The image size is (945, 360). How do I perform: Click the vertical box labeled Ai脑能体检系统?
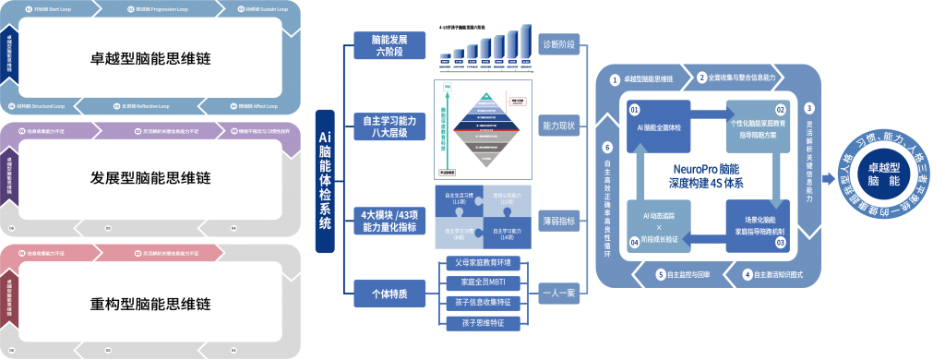(x=324, y=179)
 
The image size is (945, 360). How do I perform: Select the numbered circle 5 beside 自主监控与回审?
(x=661, y=274)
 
